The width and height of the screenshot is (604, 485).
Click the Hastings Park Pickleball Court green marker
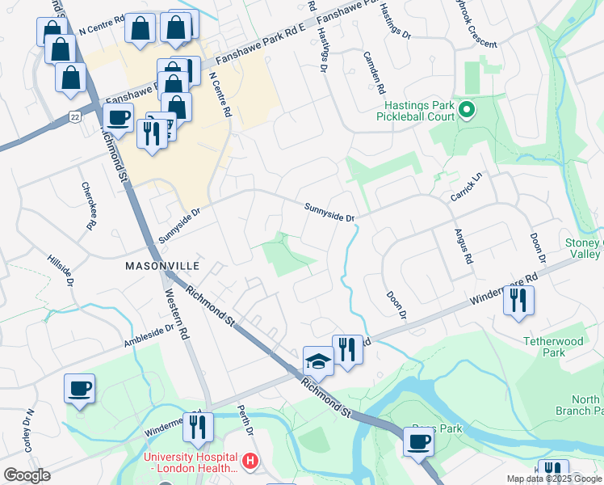(x=466, y=110)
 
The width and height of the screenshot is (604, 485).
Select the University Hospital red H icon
(x=251, y=462)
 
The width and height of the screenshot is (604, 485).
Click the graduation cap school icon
(x=318, y=361)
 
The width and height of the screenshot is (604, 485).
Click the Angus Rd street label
(x=463, y=245)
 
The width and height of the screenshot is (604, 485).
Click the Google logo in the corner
(x=27, y=475)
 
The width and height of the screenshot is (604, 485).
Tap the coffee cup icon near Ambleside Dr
(x=79, y=388)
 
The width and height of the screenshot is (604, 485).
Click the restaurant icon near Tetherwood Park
(x=517, y=300)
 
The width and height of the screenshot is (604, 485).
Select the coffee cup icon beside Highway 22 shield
(x=119, y=117)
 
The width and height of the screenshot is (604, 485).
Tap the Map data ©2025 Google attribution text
(x=553, y=478)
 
